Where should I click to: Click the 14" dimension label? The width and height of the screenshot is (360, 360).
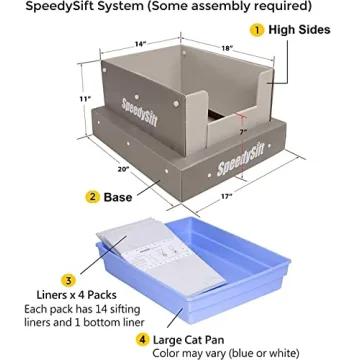pyautogui.click(x=141, y=44)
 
